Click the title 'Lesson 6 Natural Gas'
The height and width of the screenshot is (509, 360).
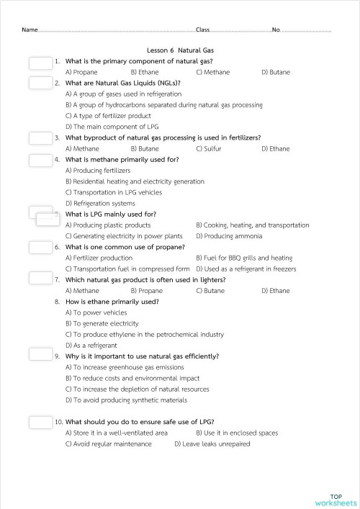(180, 50)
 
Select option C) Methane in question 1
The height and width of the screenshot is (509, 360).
(213, 72)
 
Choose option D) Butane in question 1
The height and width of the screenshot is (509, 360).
(276, 72)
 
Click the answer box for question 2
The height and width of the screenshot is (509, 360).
(40, 84)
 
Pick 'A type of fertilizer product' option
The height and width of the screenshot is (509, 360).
(108, 115)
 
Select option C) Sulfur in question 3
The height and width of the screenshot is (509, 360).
(209, 148)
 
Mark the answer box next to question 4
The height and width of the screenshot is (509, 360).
(40, 160)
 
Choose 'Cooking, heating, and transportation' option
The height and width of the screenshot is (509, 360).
(252, 225)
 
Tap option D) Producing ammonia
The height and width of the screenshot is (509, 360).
(229, 236)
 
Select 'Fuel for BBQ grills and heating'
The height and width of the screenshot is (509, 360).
(244, 258)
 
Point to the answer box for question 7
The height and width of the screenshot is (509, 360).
(40, 280)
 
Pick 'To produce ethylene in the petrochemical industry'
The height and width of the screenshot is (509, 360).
(144, 335)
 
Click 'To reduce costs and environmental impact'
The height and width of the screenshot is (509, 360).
(132, 378)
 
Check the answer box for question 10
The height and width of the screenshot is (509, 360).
(40, 422)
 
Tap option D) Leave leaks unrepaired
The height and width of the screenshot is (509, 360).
(212, 444)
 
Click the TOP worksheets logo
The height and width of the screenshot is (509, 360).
(336, 500)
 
